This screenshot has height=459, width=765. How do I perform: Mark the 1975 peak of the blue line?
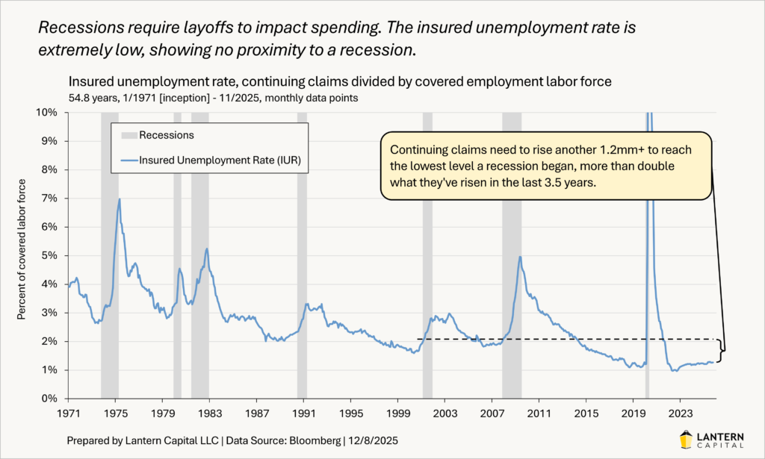click(x=119, y=199)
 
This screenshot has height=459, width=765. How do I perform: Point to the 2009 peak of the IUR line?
click(x=519, y=257)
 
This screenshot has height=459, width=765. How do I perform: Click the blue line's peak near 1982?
click(x=206, y=249)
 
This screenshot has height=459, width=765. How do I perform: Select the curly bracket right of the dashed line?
click(x=722, y=351)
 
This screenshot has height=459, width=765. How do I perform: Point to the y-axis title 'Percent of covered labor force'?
click(x=22, y=249)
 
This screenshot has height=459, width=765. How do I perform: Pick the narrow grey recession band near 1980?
click(x=178, y=254)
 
